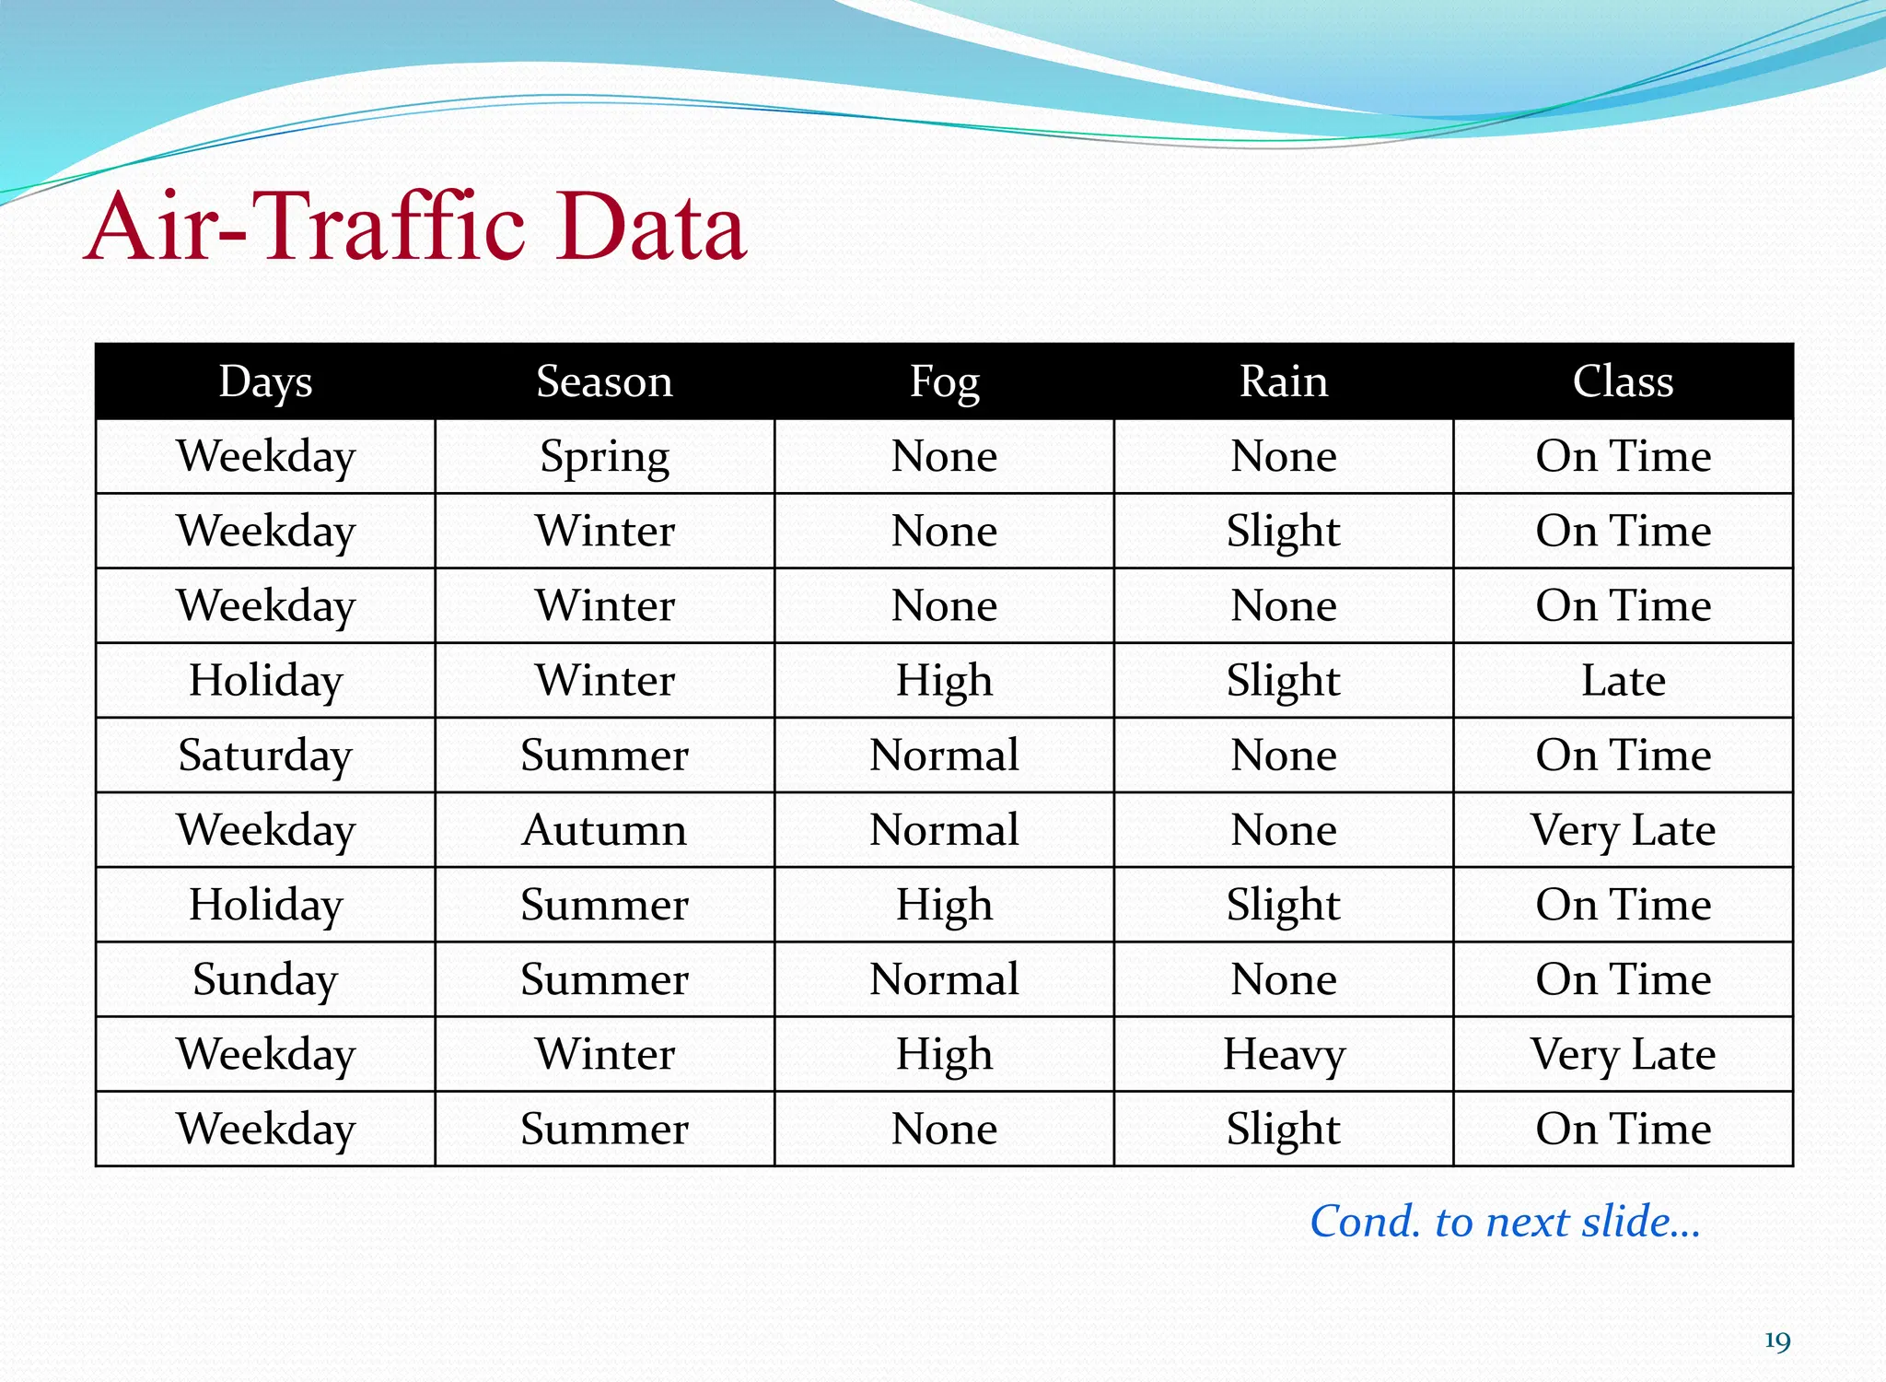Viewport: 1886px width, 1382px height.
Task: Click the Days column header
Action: [265, 381]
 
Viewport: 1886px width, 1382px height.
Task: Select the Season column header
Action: [604, 381]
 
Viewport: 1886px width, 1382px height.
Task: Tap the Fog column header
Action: [944, 381]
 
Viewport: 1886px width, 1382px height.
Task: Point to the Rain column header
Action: [1283, 381]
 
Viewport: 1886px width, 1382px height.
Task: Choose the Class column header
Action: [1623, 381]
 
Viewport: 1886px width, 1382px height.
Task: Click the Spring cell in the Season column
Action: [604, 457]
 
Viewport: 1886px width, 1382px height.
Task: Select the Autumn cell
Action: [604, 830]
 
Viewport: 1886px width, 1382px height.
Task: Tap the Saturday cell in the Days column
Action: [265, 755]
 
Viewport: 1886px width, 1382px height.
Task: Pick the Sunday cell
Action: [265, 979]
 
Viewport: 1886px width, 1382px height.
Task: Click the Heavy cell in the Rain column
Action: [1283, 1054]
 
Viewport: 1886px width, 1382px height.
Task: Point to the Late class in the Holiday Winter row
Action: [1623, 681]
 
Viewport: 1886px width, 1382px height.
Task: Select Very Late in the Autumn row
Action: [1623, 830]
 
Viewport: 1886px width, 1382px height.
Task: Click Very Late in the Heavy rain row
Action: [1623, 1054]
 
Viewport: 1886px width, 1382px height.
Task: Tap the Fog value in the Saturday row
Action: [944, 755]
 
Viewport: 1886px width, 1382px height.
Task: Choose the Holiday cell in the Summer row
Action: [265, 905]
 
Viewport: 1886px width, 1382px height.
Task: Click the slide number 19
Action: [1776, 1341]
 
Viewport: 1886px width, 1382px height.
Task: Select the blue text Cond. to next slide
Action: [1505, 1222]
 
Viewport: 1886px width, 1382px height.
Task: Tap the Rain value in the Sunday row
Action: [1283, 979]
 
